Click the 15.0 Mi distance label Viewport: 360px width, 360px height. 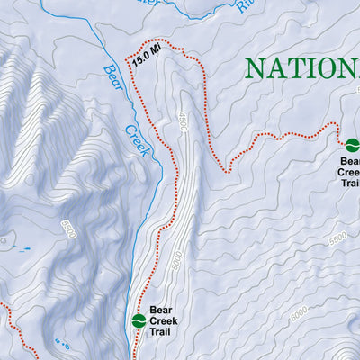click(x=147, y=56)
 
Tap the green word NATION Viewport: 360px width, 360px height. click(x=301, y=68)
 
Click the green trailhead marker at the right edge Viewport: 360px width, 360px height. click(x=352, y=144)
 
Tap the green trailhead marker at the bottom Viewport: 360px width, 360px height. click(x=139, y=320)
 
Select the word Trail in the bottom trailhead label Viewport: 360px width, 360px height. click(x=165, y=332)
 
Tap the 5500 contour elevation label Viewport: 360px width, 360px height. click(x=337, y=238)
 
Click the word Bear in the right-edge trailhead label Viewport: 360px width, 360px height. click(x=351, y=159)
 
